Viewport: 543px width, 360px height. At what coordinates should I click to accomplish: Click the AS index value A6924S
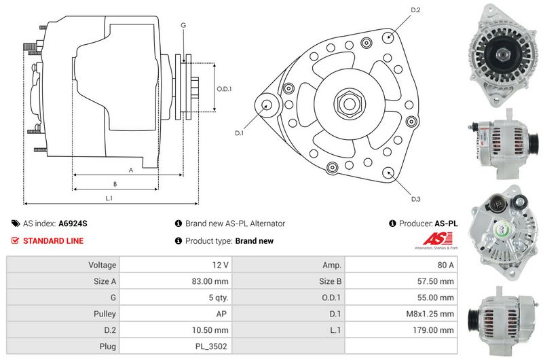(73, 223)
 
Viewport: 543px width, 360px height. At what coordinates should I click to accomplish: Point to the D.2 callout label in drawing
(415, 10)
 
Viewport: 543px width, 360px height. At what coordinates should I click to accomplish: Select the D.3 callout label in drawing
(415, 199)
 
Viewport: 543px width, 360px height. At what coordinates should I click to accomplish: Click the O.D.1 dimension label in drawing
(224, 89)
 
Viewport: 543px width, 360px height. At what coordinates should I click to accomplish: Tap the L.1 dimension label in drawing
(109, 198)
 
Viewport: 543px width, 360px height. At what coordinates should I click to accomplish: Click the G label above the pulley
(183, 25)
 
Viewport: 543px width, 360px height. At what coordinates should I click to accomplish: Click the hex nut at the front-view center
(348, 104)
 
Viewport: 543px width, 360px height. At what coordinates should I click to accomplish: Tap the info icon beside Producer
(392, 223)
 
